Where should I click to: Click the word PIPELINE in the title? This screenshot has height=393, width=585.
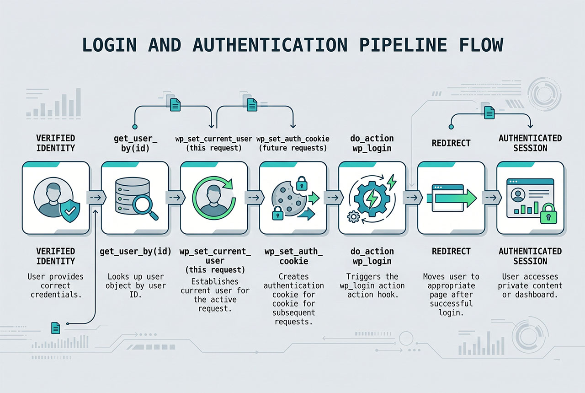tap(403, 45)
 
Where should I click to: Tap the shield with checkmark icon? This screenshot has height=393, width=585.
tap(70, 210)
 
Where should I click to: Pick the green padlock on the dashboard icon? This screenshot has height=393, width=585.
tap(548, 214)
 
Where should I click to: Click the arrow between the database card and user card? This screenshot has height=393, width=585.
tap(175, 198)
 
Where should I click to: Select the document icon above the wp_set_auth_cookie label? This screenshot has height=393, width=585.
tap(252, 105)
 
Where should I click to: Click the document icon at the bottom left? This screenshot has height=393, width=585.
tap(56, 328)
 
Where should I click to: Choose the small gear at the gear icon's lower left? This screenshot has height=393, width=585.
tap(353, 216)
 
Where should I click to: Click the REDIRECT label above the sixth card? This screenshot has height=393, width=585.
tap(451, 143)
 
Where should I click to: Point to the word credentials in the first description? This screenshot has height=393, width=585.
tap(56, 295)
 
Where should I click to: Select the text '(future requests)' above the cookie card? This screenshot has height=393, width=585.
tap(293, 148)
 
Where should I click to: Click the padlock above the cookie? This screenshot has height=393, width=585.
tap(302, 183)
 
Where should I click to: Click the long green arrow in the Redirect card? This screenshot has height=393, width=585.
tap(452, 199)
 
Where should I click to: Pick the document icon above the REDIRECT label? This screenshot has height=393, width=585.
tap(489, 113)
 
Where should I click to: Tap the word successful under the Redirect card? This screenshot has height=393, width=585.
tap(451, 304)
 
